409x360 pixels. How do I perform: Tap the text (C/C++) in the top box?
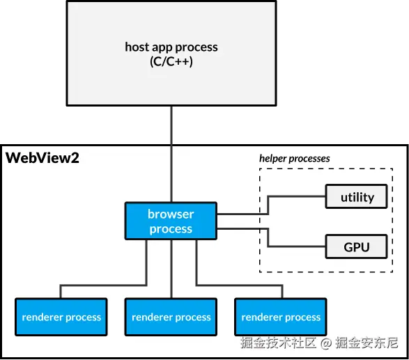click(x=171, y=61)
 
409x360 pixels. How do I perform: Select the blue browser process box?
click(x=171, y=221)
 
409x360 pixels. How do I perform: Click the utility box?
click(x=357, y=197)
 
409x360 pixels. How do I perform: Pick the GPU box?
click(x=357, y=246)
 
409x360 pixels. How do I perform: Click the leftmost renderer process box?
click(x=61, y=318)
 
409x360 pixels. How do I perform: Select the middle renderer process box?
click(x=171, y=318)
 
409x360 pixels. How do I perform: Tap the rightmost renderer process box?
click(x=281, y=318)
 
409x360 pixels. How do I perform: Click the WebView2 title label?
click(x=43, y=158)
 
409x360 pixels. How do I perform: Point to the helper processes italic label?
click(x=295, y=158)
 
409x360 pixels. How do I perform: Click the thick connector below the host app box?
click(x=171, y=125)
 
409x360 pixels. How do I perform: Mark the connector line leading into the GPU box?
click(x=300, y=246)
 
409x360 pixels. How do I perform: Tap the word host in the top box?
click(x=137, y=47)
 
